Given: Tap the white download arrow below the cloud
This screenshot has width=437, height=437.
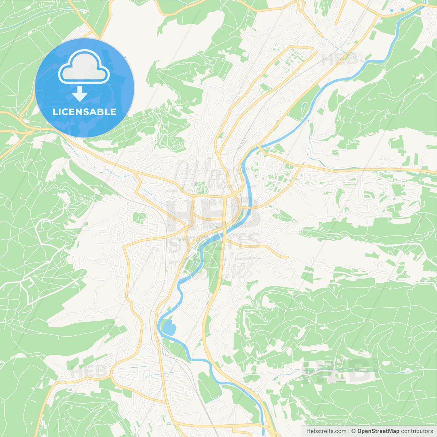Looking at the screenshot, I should point(80,94).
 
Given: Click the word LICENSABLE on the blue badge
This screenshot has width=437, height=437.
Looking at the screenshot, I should point(84,112).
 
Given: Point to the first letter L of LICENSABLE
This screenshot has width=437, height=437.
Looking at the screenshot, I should point(55,112).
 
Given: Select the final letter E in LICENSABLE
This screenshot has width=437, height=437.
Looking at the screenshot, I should point(113,112).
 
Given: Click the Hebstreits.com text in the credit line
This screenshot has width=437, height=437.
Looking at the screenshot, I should point(326,431).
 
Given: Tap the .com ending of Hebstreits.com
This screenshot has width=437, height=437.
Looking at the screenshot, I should point(340,431).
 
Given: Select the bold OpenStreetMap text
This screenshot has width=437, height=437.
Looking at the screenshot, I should point(378,431).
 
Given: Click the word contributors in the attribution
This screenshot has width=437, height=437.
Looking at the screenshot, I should point(417,431).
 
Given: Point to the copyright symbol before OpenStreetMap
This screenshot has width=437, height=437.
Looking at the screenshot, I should point(354,431).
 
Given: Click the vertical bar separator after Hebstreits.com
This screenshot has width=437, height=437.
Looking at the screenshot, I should point(349,431).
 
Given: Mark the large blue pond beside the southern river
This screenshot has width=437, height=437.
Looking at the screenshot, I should point(169,328).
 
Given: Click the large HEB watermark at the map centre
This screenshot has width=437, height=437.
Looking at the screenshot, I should point(213,212).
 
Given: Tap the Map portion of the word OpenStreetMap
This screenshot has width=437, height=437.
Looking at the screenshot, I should point(393,431).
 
